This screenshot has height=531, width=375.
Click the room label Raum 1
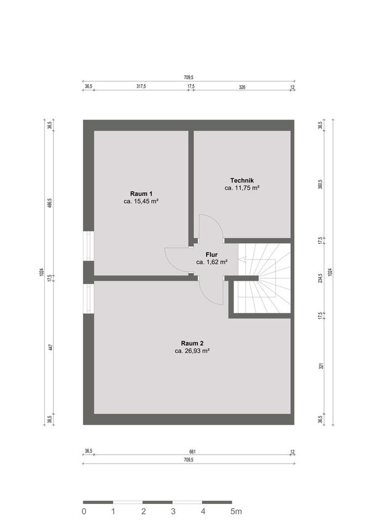click(141, 194)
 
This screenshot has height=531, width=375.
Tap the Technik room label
click(242, 180)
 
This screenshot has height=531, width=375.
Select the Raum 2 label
click(192, 343)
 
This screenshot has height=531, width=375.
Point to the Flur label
click(212, 254)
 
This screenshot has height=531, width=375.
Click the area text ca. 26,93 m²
click(192, 351)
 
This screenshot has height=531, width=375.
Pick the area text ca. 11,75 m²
click(242, 188)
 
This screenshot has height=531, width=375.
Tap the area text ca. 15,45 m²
click(141, 201)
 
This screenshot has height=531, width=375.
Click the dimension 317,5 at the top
click(141, 86)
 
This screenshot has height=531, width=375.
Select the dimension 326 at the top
click(242, 87)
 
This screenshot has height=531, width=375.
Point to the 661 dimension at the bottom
click(192, 451)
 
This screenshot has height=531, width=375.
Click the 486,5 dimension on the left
click(50, 203)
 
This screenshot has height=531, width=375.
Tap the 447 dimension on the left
click(50, 347)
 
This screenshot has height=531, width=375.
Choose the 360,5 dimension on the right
click(320, 184)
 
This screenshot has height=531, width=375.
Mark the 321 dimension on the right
click(320, 366)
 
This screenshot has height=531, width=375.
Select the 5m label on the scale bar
click(236, 511)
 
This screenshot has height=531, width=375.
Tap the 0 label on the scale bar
click(84, 511)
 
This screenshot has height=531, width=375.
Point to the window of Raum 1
click(88, 246)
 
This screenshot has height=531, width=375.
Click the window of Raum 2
click(88, 299)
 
